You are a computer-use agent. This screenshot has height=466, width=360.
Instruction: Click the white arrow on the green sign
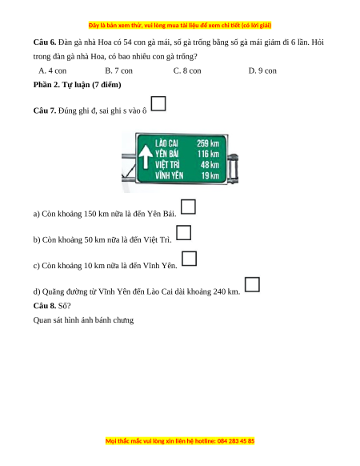146,157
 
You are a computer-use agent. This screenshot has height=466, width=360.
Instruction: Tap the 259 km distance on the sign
208,143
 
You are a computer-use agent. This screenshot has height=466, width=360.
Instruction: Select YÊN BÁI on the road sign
166,154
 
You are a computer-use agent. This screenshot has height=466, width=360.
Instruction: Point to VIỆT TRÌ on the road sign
167,165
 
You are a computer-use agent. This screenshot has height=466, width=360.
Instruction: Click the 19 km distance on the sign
210,175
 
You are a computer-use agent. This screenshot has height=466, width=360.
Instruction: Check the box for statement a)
188,207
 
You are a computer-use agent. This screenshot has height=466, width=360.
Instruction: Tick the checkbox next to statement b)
183,232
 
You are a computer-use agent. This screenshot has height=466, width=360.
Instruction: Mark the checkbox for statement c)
189,259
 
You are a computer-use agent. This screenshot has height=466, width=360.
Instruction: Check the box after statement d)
252,284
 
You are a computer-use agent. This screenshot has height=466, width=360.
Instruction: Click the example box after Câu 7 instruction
158,103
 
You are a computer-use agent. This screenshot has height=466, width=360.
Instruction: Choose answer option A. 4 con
53,70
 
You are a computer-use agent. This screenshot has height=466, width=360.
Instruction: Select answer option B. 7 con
119,70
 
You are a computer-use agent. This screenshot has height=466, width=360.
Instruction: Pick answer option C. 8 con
187,70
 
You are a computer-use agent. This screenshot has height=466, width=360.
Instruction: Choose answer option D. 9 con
262,70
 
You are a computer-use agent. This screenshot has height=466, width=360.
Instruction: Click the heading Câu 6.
45,42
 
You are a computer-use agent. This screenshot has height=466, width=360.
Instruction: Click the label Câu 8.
45,306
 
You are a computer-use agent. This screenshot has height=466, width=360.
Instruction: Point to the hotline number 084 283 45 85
236,440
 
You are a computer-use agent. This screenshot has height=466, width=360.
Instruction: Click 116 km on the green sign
208,154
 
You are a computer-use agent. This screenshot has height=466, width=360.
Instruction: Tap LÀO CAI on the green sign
166,143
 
